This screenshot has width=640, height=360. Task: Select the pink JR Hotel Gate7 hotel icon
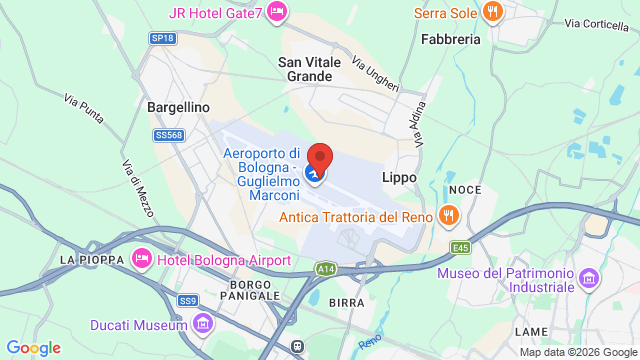tap(277, 12)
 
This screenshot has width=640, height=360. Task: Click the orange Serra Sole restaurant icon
tap(491, 12)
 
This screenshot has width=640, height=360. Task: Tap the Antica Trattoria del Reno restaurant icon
tap(449, 214)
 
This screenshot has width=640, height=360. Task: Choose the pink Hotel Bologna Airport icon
tap(141, 260)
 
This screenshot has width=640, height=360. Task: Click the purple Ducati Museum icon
tap(203, 324)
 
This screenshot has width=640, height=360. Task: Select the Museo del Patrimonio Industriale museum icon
tap(589, 276)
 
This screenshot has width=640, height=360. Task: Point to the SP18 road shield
tap(162, 38)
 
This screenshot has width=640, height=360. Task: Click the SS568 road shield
tap(169, 135)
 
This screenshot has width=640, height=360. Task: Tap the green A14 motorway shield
tap(326, 269)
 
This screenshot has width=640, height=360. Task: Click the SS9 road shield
tap(187, 299)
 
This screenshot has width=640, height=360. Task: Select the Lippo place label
tap(398, 177)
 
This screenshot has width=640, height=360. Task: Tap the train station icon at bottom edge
tap(297, 346)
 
